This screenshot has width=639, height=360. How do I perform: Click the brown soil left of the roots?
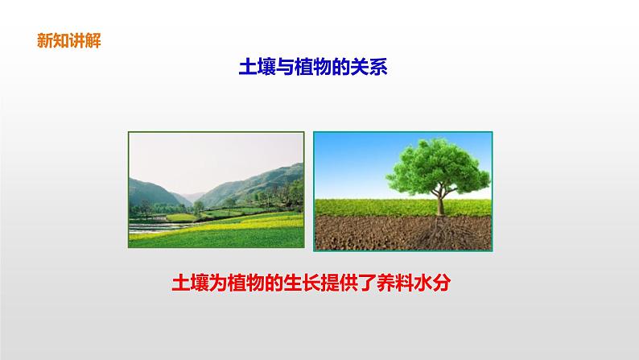click(354, 234)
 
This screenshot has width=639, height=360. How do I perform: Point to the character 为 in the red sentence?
click(219, 283)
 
